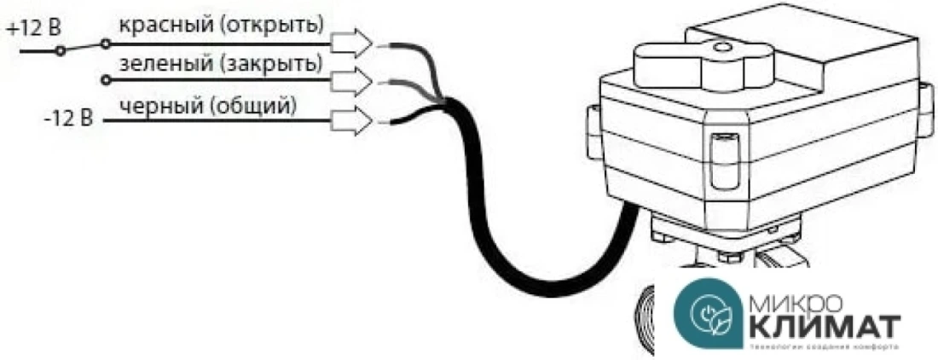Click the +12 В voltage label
33,28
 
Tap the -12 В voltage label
68,117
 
